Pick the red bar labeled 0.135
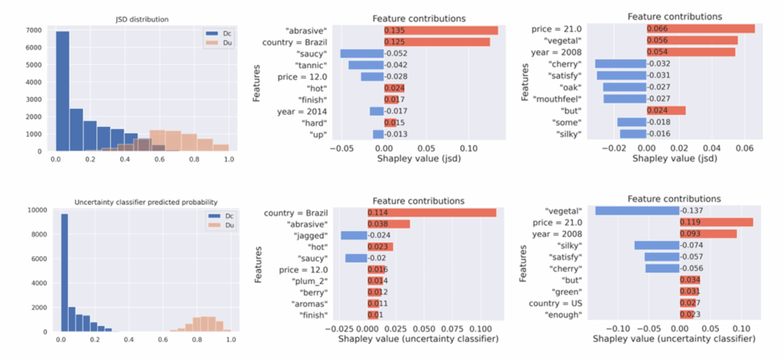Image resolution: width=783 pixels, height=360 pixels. [x=440, y=30]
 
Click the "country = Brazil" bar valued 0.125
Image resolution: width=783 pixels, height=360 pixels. [x=437, y=41]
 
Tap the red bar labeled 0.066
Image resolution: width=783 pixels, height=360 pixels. [x=700, y=28]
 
